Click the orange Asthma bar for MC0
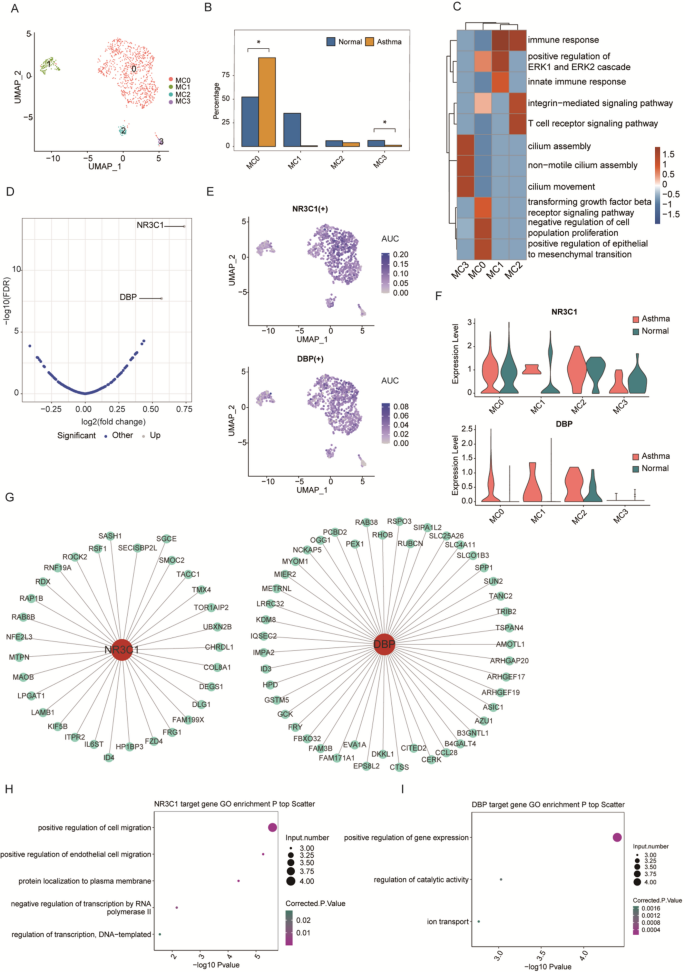click(x=266, y=102)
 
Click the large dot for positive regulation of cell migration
click(x=271, y=827)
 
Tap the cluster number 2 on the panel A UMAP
click(x=123, y=131)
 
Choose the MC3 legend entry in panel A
click(x=184, y=101)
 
